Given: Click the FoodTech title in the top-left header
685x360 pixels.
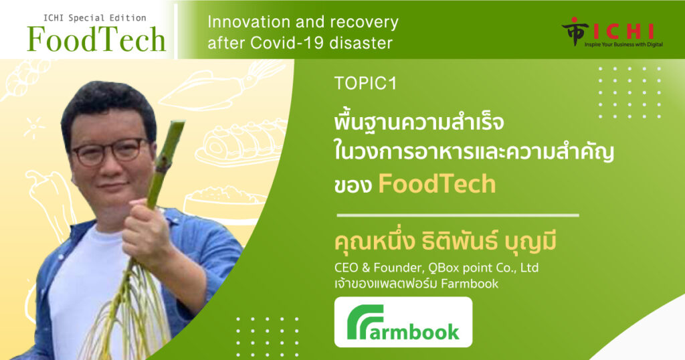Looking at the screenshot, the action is point(96,39).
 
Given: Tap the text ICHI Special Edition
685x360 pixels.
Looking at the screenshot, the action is point(95,18).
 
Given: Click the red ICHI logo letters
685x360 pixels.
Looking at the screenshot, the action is point(624,31).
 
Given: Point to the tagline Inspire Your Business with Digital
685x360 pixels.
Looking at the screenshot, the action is point(623,45).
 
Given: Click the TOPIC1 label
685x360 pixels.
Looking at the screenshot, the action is point(365,83).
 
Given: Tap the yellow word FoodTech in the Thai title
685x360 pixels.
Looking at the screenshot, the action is point(437,184).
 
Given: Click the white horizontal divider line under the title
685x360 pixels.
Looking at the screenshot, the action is point(458,215).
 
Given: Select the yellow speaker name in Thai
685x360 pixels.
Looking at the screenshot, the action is point(445,242).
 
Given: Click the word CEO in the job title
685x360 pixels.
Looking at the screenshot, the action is point(346,268).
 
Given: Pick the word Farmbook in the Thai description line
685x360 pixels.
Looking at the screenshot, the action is point(470,284).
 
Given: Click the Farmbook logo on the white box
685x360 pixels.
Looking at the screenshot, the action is point(403,323).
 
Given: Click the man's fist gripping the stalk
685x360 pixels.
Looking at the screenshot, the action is point(144,228).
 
